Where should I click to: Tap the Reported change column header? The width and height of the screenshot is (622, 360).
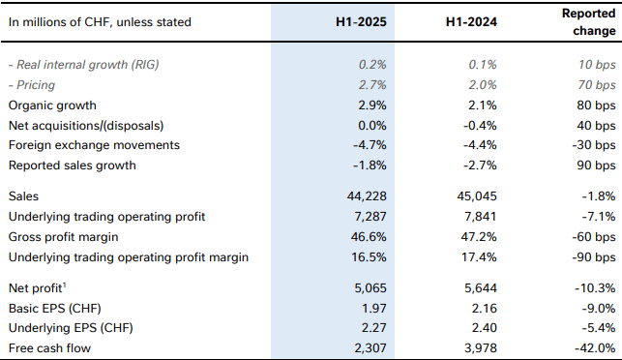point(589,21)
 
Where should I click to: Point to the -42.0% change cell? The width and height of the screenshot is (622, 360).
point(595,347)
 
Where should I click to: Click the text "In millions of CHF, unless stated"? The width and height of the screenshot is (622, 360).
point(100,21)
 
